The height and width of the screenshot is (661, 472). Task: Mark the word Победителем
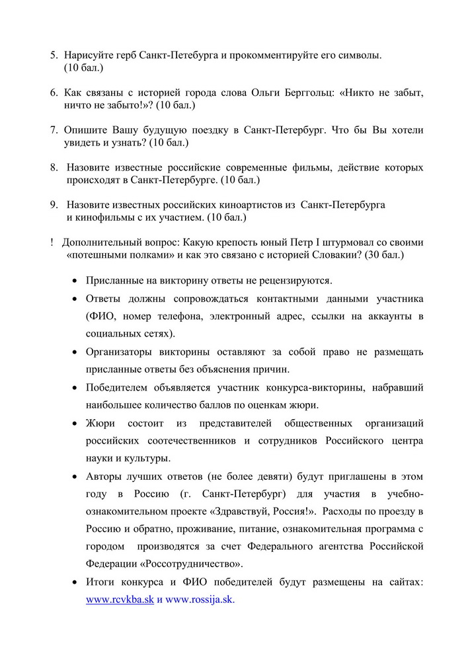tap(120, 387)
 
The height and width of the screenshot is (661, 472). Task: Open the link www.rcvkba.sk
tap(120, 600)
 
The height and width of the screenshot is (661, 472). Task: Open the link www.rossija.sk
tap(200, 600)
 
